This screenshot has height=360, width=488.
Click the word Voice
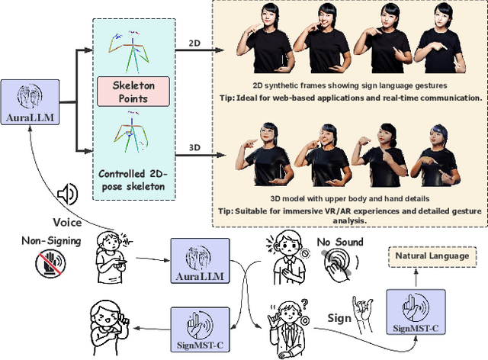click(x=66, y=223)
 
